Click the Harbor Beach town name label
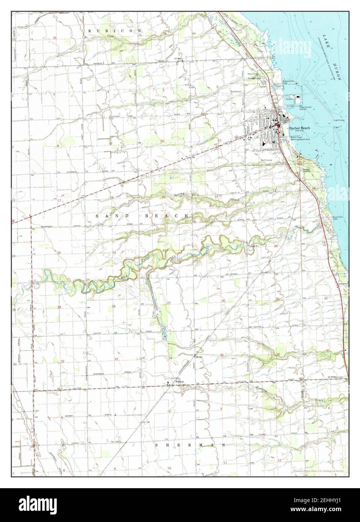tap(299, 128)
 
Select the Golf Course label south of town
tap(267, 160)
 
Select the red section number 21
tap(114, 253)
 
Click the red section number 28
tap(113, 307)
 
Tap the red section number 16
tap(112, 198)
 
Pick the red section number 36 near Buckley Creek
tap(278, 355)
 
